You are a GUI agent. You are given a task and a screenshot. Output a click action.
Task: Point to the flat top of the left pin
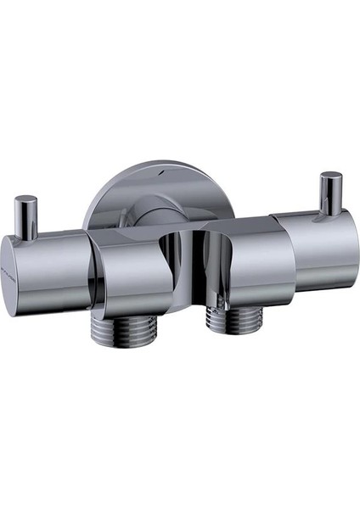[26, 199]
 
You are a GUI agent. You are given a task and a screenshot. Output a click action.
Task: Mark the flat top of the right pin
[331, 176]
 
